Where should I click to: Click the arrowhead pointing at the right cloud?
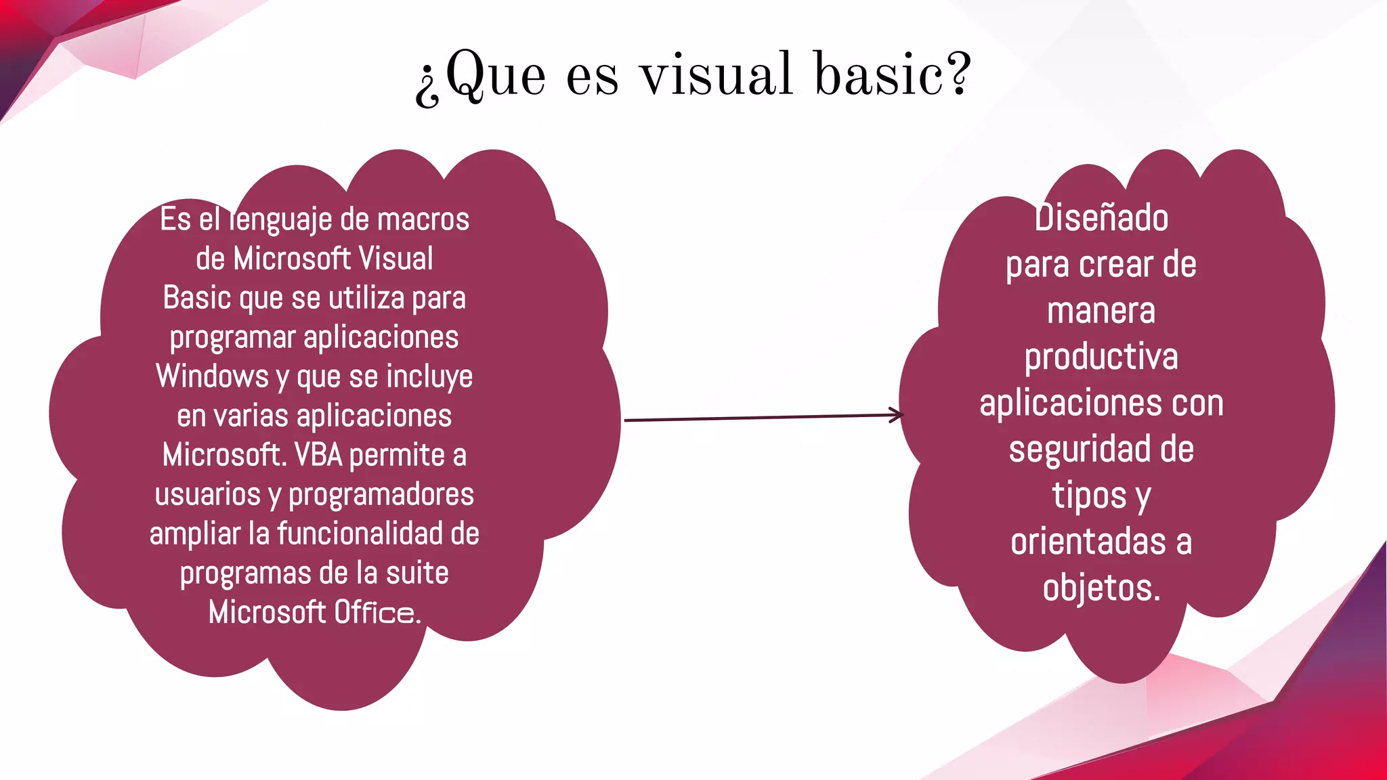coord(897,415)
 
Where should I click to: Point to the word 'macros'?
coord(423,219)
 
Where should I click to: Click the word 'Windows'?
coord(212,376)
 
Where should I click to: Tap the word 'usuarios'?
coord(207,494)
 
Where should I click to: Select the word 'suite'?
coord(417,573)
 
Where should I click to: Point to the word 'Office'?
coord(375,612)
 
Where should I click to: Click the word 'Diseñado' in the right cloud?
coord(1101,218)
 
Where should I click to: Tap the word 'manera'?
coord(1101,311)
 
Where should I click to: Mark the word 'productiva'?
coord(1101,357)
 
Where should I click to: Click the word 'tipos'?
coord(1089,496)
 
